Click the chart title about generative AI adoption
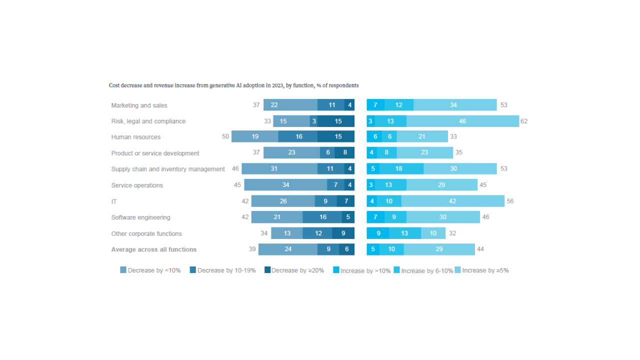233,85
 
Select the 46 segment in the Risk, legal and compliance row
462,121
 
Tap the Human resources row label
135,137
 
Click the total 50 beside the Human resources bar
225,136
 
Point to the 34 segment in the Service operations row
285,185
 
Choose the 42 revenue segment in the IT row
452,201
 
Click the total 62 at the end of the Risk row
523,121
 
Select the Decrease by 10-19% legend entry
222,270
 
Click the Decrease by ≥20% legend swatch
267,270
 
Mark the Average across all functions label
153,249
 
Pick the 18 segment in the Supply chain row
398,169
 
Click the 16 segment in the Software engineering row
323,217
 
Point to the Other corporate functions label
146,233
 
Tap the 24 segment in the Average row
287,249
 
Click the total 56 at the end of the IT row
510,201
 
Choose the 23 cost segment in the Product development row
291,153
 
